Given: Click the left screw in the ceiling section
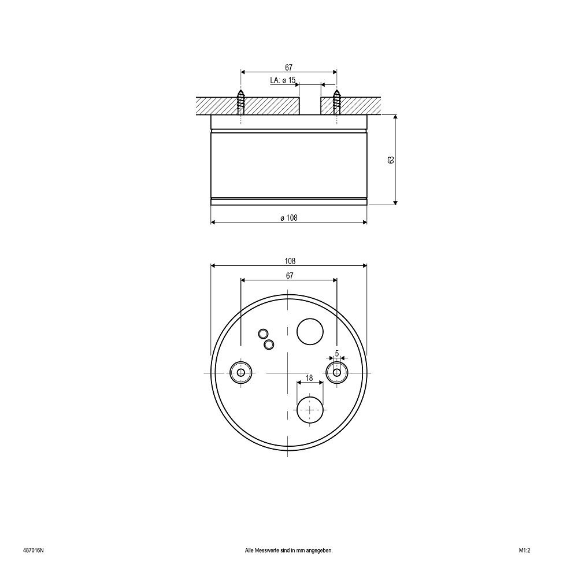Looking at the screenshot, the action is click(240, 102).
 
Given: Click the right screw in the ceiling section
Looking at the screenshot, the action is click(336, 102).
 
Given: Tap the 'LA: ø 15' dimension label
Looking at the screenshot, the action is click(283, 80).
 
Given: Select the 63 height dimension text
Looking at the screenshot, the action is click(391, 160).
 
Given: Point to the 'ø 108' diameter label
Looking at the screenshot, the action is click(288, 218).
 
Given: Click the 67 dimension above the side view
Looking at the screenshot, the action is click(288, 68).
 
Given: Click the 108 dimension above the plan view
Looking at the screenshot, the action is click(290, 261).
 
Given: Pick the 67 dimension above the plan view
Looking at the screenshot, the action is click(290, 275).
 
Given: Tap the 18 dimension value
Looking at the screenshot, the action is click(309, 378).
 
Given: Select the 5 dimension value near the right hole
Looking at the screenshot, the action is click(336, 353).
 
